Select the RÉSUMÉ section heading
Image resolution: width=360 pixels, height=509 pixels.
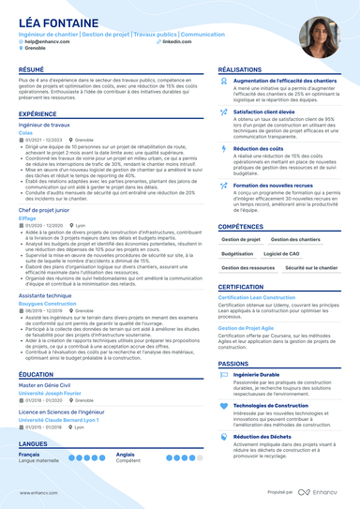[31, 70]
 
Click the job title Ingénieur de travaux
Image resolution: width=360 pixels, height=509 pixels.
[45, 124]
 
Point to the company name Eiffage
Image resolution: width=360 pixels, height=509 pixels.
[28, 217]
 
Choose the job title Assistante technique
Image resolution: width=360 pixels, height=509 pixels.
[44, 293]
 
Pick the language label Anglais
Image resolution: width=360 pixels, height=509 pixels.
[126, 454]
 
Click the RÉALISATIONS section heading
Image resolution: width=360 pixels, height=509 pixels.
[246, 70]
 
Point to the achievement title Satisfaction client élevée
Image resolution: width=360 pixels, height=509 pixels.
[265, 112]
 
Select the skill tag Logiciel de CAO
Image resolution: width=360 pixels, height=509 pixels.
[281, 254]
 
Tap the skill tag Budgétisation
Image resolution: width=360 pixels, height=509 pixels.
[237, 254]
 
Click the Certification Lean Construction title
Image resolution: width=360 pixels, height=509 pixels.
[262, 298]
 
